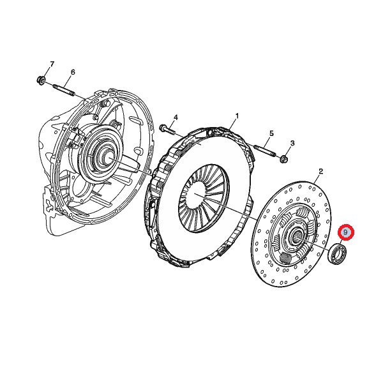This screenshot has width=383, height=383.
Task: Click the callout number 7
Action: (x=52, y=64)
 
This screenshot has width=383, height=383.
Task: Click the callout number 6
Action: (x=73, y=72)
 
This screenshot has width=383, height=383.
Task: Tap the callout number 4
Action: (x=176, y=117)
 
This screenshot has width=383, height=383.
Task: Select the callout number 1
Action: (x=236, y=116)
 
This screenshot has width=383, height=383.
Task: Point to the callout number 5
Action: (x=271, y=133)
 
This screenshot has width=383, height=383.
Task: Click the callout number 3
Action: (x=292, y=143)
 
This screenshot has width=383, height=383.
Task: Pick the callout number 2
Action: (x=320, y=171)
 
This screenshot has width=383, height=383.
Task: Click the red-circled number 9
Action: (x=345, y=232)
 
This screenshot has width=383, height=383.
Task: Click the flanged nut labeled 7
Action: (x=40, y=80)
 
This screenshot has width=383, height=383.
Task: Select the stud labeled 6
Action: (x=63, y=89)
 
